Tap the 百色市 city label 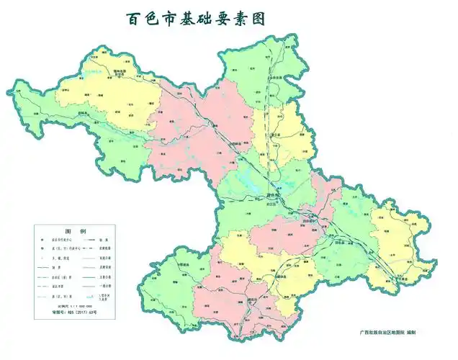[x=273, y=194]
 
